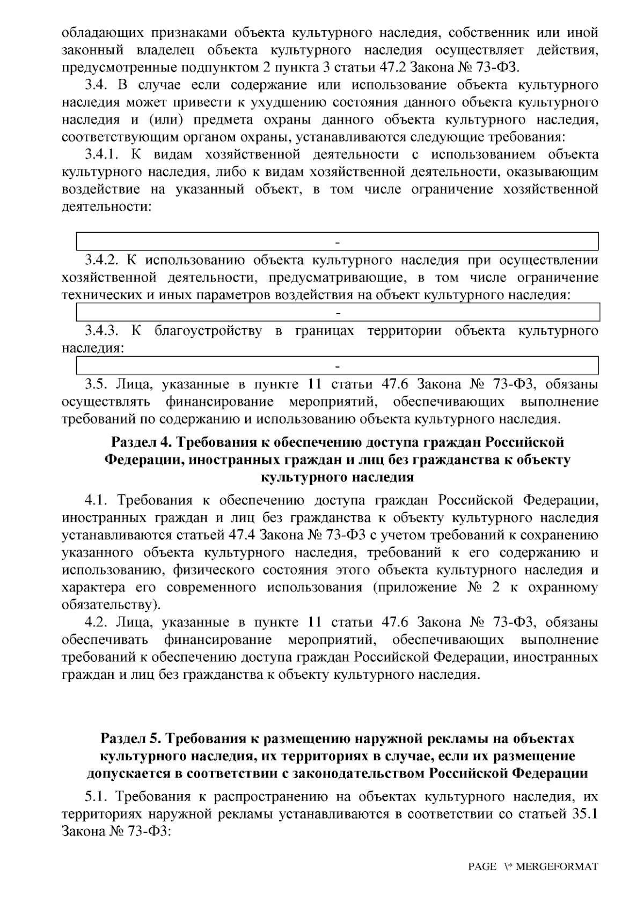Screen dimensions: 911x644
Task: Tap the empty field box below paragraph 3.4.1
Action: click(x=337, y=241)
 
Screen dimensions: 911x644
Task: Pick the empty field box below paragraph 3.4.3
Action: click(x=337, y=365)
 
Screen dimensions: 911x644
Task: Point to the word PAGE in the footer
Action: click(x=482, y=866)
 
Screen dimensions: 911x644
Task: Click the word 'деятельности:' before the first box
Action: click(x=106, y=206)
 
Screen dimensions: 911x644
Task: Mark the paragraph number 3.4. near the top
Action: click(x=95, y=85)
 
